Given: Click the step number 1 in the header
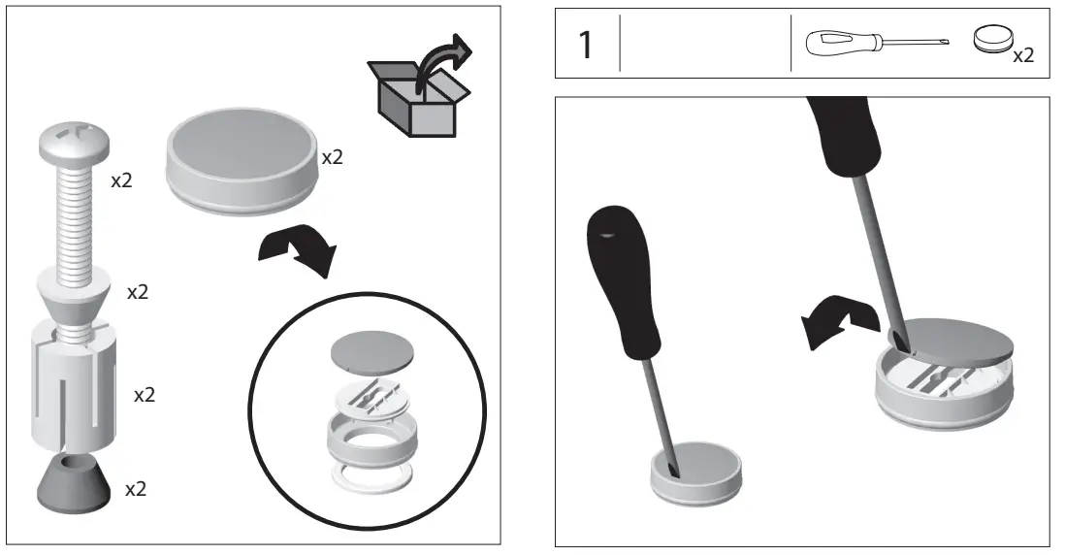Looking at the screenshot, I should (585, 46).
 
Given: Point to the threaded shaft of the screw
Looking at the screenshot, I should (74, 213).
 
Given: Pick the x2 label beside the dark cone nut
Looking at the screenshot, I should (137, 489).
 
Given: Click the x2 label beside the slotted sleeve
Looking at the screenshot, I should (145, 395).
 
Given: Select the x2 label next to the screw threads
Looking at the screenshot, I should (122, 181).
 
